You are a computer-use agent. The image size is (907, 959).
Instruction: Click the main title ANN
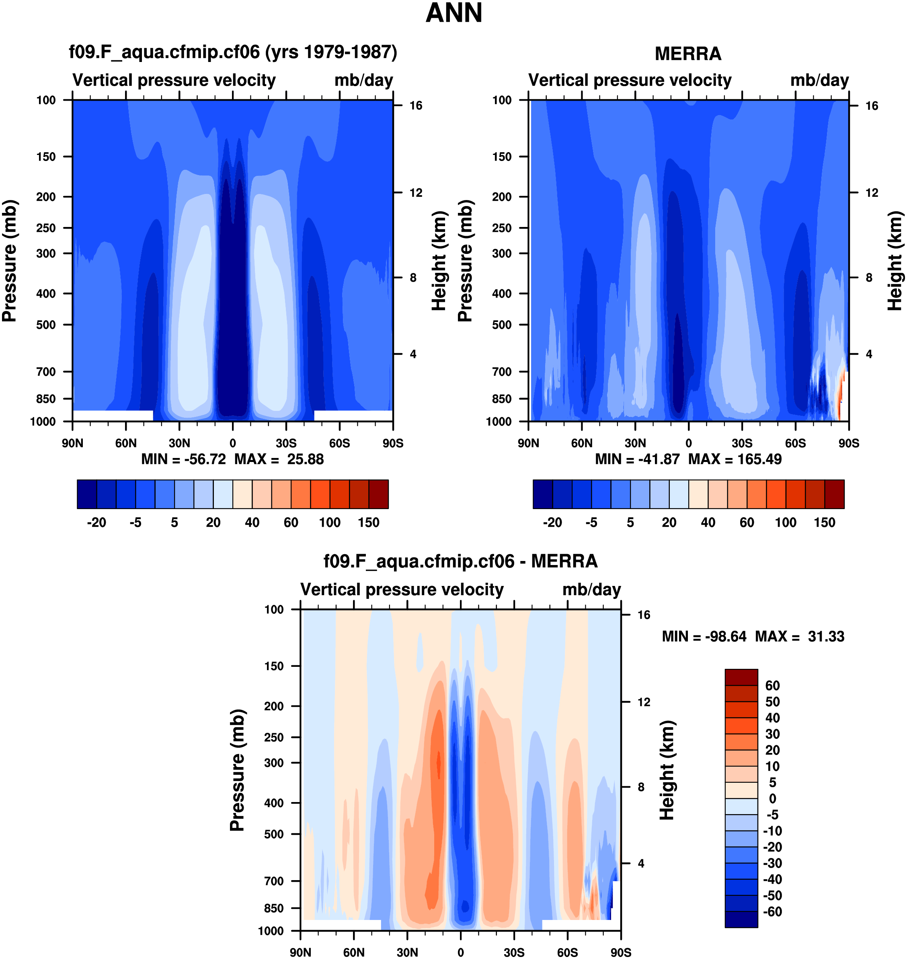(x=453, y=13)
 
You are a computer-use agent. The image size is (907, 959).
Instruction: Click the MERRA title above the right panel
(x=687, y=54)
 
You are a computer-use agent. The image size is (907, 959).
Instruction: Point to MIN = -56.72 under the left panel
(x=183, y=459)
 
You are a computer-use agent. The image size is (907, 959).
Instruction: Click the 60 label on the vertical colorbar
(x=772, y=686)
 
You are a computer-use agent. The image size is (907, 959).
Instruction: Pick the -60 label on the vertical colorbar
(x=772, y=912)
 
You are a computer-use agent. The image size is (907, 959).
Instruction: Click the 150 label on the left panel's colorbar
(x=368, y=523)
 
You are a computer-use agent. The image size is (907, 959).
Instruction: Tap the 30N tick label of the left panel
(x=179, y=443)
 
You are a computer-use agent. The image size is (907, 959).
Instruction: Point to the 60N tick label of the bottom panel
(x=354, y=953)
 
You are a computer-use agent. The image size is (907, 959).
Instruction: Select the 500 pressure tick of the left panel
(x=46, y=325)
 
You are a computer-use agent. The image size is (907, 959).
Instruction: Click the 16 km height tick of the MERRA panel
(x=872, y=106)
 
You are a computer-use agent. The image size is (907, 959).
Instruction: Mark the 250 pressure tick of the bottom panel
(x=274, y=737)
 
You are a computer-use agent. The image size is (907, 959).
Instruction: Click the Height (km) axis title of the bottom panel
(x=667, y=770)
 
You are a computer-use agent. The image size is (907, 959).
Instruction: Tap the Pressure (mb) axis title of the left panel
(x=10, y=261)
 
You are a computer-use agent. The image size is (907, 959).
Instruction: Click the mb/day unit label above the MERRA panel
(x=819, y=80)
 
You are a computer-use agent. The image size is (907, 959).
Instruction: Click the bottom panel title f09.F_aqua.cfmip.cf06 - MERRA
(x=460, y=561)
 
